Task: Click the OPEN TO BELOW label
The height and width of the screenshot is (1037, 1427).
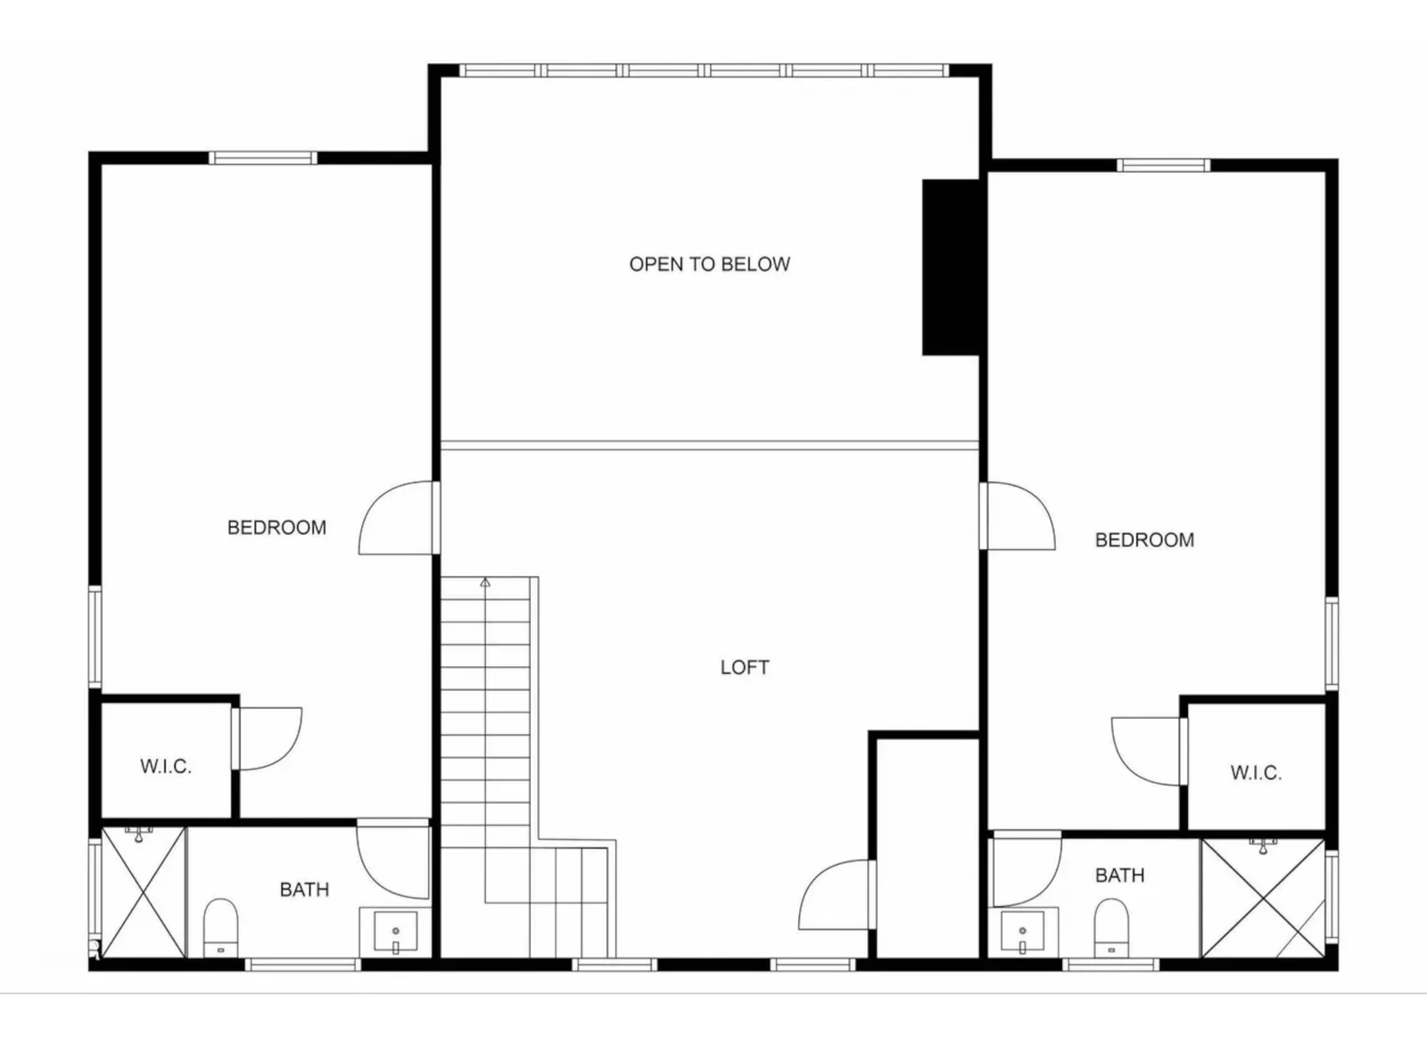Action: click(x=709, y=264)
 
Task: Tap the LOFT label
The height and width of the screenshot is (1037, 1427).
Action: click(x=745, y=667)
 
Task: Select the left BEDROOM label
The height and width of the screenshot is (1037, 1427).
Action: click(x=276, y=528)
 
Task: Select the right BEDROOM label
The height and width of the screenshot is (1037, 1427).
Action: click(x=1144, y=540)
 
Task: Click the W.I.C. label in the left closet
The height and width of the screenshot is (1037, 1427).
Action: click(x=166, y=766)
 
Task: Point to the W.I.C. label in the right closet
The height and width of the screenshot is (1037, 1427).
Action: click(x=1256, y=773)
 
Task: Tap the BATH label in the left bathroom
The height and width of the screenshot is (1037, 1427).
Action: click(x=304, y=889)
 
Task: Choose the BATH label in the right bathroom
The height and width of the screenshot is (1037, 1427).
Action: click(x=1119, y=876)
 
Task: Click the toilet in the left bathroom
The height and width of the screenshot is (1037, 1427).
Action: click(x=220, y=927)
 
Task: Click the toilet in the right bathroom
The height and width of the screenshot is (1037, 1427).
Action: click(x=1111, y=927)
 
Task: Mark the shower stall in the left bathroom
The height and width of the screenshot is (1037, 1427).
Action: click(x=144, y=893)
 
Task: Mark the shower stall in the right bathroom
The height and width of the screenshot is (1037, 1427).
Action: click(x=1263, y=898)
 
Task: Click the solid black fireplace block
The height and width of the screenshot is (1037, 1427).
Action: click(x=951, y=267)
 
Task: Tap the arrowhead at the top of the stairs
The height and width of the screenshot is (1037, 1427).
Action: click(x=485, y=582)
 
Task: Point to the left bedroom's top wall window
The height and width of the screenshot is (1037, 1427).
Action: click(x=262, y=158)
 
